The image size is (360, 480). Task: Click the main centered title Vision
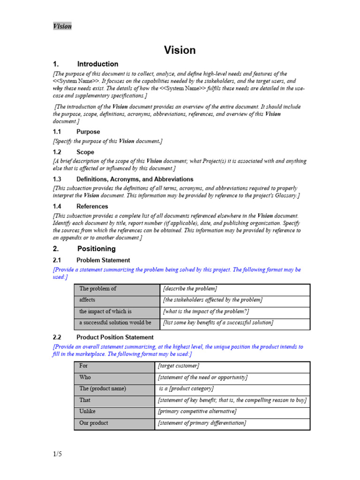pyautogui.click(x=180, y=50)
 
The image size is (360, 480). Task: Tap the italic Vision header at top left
pyautogui.click(x=62, y=26)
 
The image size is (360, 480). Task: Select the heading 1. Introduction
pyautogui.click(x=86, y=64)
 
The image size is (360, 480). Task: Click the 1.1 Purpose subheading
pyautogui.click(x=76, y=132)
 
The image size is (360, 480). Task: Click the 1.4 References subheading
pyautogui.click(x=81, y=206)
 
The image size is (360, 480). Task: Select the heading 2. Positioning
pyautogui.click(x=84, y=249)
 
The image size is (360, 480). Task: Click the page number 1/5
pyautogui.click(x=57, y=454)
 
